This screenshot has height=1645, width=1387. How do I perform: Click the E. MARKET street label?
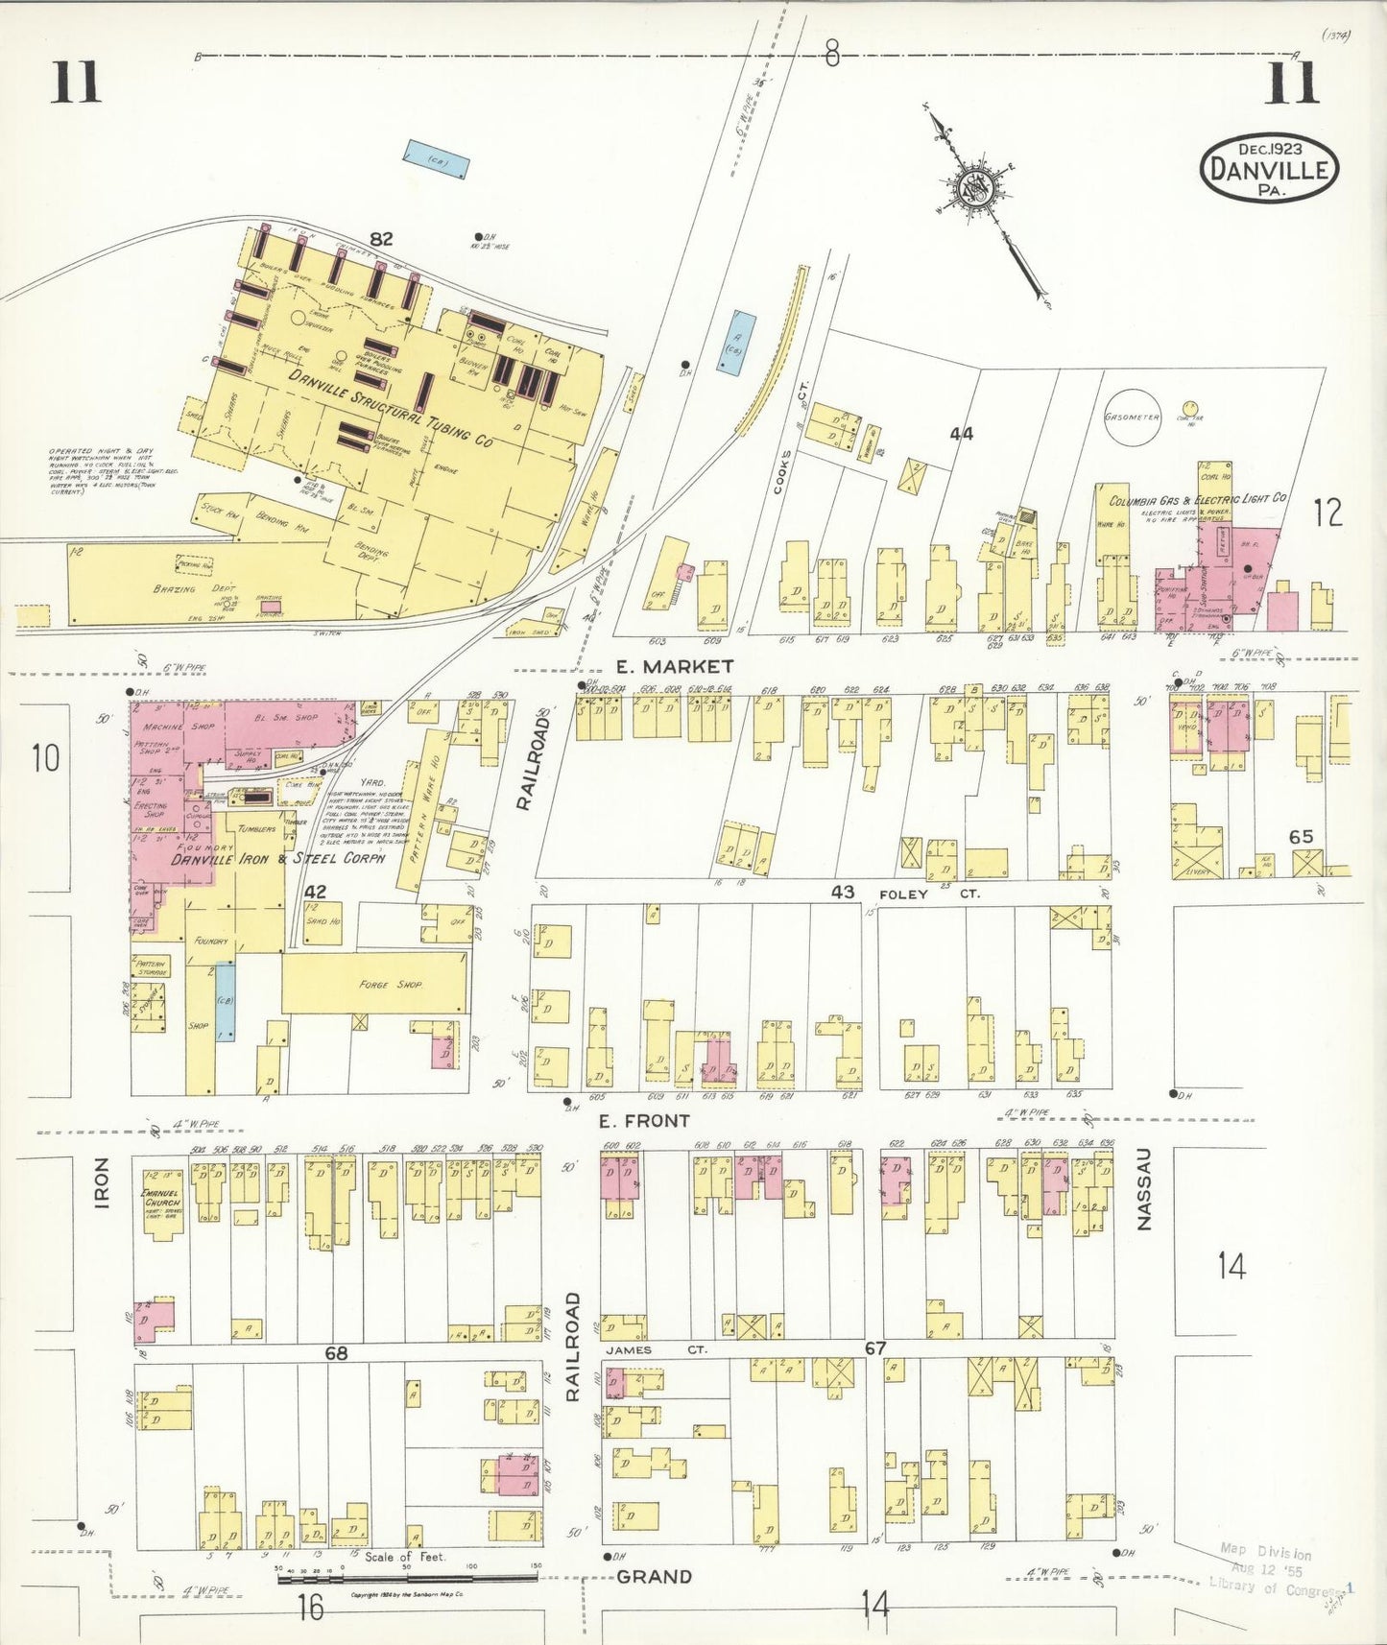pyautogui.click(x=675, y=666)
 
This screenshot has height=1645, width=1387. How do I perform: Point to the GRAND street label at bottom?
pyautogui.click(x=654, y=1577)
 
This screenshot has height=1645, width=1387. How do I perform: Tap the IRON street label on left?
pyautogui.click(x=103, y=1181)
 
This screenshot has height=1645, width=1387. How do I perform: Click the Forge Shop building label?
pyautogui.click(x=390, y=984)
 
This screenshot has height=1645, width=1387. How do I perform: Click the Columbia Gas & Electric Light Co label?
pyautogui.click(x=1198, y=500)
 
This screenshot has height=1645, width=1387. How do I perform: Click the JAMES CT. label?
pyautogui.click(x=656, y=1349)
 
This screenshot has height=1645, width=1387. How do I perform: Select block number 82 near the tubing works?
pyautogui.click(x=380, y=239)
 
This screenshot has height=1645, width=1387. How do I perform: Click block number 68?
pyautogui.click(x=336, y=1353)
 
